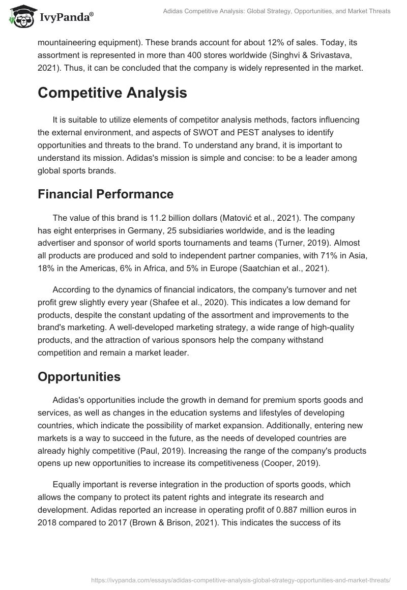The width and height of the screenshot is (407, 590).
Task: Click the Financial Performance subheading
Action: (x=105, y=194)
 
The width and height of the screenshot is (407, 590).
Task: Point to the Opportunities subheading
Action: (x=79, y=376)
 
